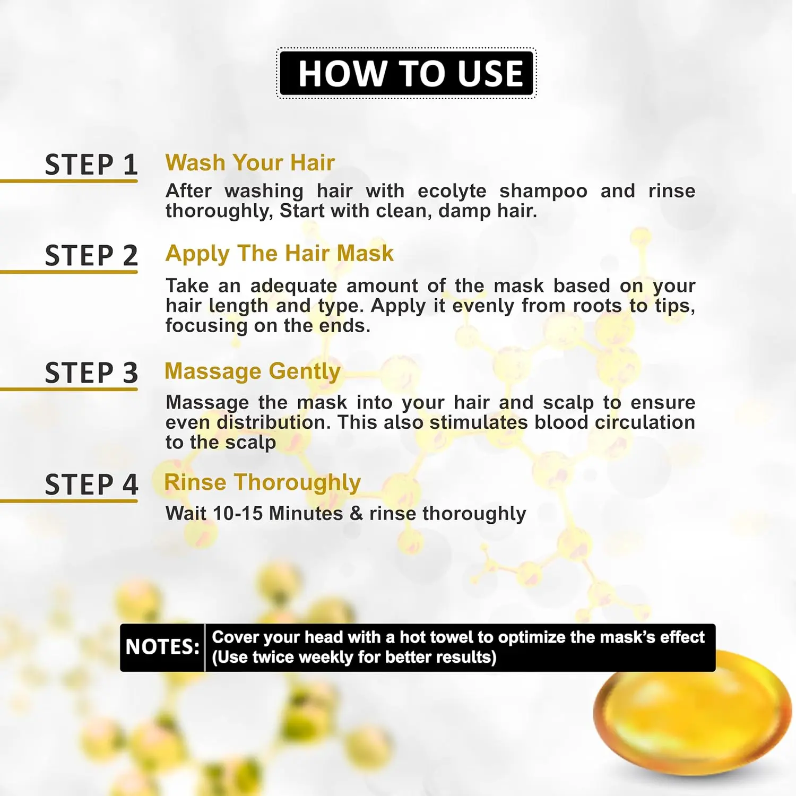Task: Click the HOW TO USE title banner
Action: (406, 73)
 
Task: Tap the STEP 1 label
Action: (91, 165)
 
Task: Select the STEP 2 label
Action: (91, 256)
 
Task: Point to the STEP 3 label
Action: (91, 373)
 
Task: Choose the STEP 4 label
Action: (91, 484)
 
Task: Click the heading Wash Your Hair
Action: (250, 163)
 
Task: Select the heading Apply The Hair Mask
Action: (280, 254)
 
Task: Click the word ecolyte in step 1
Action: (452, 191)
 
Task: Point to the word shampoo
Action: (543, 192)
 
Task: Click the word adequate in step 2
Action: (293, 287)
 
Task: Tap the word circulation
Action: (645, 422)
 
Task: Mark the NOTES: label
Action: (162, 647)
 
